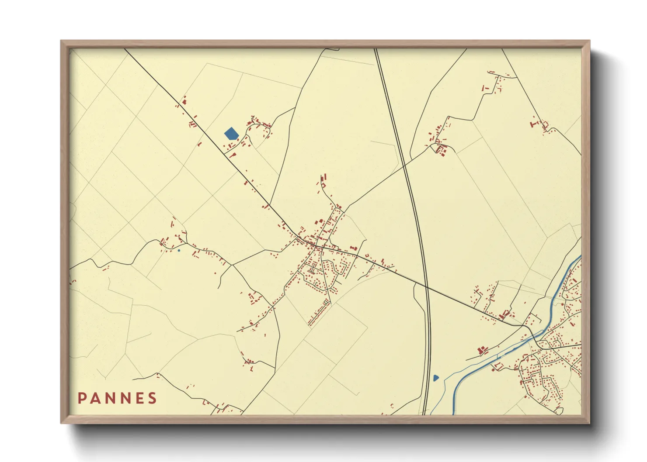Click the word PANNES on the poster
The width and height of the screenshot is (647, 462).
point(117,398)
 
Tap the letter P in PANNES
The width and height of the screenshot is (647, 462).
point(81,398)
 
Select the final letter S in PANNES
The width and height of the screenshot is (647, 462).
point(153,398)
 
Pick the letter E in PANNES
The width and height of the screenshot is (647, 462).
point(139,398)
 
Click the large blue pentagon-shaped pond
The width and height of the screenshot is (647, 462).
point(231,133)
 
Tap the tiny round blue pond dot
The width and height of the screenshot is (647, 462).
point(179,250)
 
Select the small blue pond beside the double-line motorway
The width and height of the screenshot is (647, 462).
point(435,378)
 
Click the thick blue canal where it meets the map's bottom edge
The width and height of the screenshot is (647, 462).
point(453,413)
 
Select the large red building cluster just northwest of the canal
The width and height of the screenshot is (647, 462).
point(483,350)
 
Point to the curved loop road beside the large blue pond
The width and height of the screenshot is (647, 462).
point(262,131)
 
